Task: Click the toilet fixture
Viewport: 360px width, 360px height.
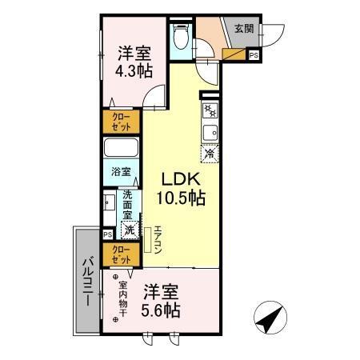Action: pos(180,38)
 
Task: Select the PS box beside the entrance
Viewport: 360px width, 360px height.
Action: pos(254,55)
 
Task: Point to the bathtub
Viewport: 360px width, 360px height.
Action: pos(120,150)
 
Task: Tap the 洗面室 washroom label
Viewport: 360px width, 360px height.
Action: pos(129,204)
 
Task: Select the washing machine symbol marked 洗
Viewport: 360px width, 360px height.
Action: pos(129,230)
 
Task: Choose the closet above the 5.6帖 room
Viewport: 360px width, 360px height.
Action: pos(120,254)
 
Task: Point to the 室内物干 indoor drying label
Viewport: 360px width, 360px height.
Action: pos(124,300)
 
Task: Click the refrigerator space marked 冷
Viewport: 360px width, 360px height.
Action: pos(209,154)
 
